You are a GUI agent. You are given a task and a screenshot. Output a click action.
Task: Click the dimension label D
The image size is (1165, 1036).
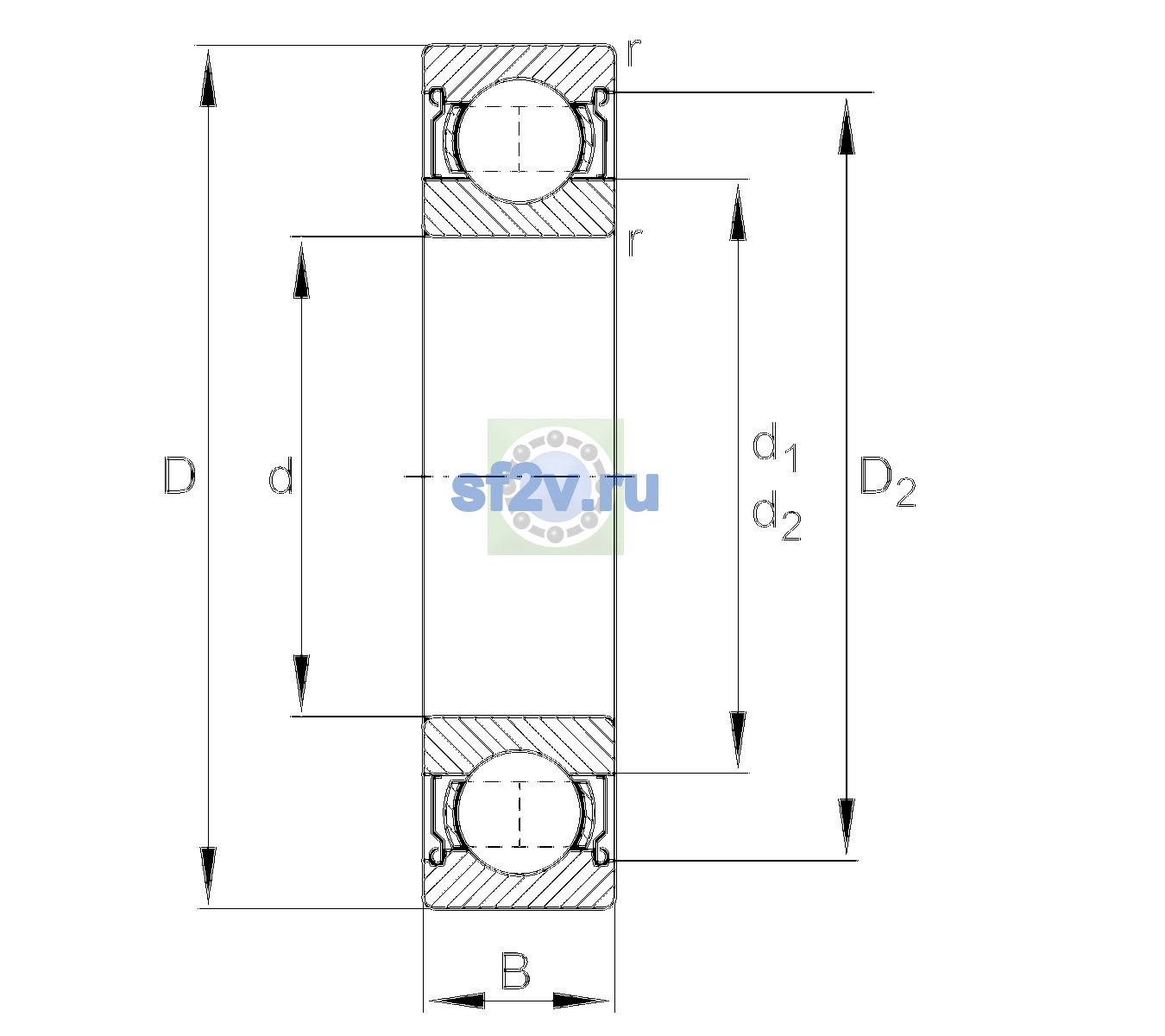click(x=179, y=476)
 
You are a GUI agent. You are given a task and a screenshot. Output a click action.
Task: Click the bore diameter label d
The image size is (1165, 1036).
click(x=281, y=476)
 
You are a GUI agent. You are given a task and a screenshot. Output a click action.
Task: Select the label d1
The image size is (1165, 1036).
click(x=775, y=447)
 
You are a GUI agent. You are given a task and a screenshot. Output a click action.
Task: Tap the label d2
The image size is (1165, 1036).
click(x=777, y=516)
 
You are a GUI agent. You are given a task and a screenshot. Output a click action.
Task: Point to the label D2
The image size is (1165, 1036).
click(x=887, y=482)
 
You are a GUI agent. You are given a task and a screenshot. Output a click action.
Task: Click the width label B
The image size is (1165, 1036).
click(x=515, y=970)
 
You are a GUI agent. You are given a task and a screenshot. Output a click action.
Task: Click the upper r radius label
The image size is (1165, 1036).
click(x=633, y=53)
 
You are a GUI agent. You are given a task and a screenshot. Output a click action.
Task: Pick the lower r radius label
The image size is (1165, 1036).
click(x=634, y=243)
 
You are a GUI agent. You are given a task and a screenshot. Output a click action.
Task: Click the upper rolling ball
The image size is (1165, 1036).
click(x=520, y=141)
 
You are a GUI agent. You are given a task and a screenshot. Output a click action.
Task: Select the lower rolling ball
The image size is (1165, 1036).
click(x=520, y=813)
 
